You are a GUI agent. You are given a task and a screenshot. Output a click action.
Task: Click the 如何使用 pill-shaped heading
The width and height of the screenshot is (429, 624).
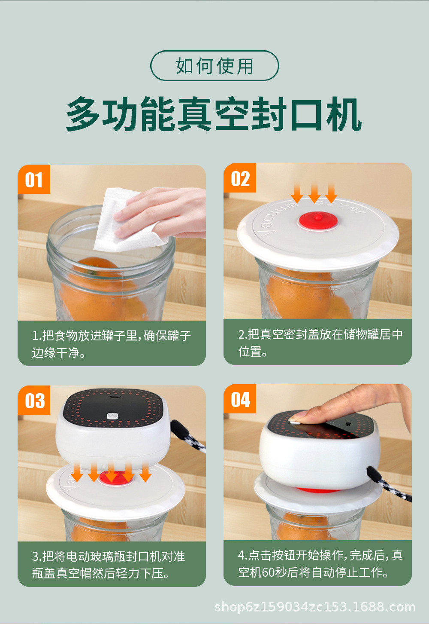point(214,66)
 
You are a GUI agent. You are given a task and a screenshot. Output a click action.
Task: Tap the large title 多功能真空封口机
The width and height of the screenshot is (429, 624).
point(214,114)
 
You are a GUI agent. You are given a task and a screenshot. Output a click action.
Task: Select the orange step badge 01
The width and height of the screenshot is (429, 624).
point(34,179)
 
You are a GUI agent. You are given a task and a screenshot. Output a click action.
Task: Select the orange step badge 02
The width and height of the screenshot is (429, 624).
point(240,178)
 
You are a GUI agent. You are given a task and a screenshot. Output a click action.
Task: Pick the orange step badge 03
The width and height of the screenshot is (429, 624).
point(34,400)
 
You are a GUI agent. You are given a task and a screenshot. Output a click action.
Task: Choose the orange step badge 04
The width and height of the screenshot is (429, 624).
point(240,399)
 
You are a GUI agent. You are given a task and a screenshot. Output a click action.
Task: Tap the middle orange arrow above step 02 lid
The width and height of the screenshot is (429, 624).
point(314,193)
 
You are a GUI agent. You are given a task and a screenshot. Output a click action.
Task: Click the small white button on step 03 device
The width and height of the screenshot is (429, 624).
point(112,416)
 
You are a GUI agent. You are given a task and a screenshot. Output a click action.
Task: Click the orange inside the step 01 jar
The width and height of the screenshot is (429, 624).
point(103,290)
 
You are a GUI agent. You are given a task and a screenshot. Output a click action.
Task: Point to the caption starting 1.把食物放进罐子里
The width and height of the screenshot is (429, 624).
point(111,344)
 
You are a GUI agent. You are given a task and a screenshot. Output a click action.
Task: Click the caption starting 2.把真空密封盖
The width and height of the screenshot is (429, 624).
point(320,343)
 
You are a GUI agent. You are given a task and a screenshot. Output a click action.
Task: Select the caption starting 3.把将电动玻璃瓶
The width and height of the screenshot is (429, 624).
point(109,565)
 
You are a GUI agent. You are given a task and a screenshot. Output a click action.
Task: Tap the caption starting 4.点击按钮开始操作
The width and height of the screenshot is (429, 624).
point(320,564)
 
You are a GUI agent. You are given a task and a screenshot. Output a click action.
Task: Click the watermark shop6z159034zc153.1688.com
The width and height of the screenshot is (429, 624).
point(315,607)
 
